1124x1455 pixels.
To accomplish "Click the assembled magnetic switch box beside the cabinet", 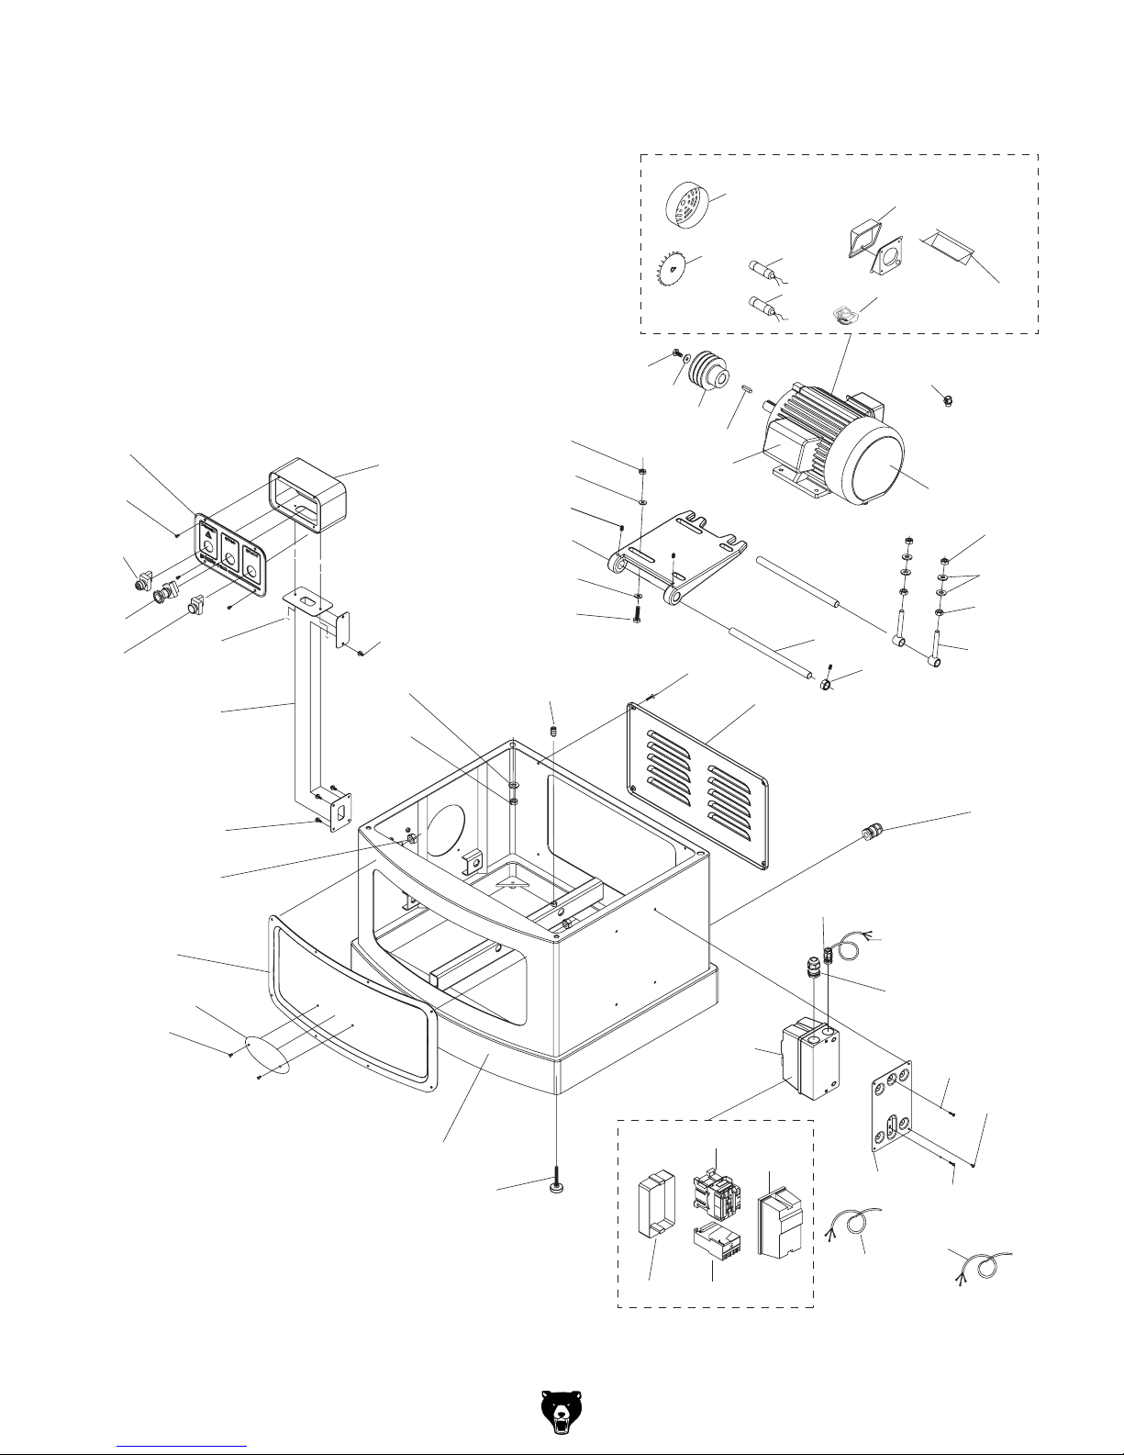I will tap(808, 1058).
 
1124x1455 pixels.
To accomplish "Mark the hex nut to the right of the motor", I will tap(947, 400).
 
